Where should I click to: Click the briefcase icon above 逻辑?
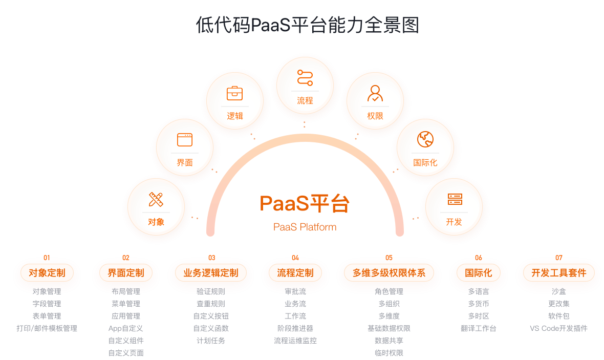[x=234, y=93]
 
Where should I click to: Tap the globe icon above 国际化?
[x=425, y=139]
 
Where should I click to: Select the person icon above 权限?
[x=375, y=93]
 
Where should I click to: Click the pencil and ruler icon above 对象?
[x=156, y=199]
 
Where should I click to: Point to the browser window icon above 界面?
[x=184, y=139]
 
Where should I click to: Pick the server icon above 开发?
[x=454, y=199]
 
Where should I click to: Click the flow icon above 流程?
[x=305, y=78]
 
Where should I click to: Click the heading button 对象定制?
[x=47, y=273]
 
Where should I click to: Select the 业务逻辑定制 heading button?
[x=211, y=273]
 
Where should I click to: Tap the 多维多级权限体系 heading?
[x=389, y=273]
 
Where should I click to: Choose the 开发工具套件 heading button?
[x=559, y=273]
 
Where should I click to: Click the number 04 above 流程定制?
[x=295, y=258]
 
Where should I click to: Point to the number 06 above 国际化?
[x=478, y=258]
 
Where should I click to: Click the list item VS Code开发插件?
[x=558, y=328]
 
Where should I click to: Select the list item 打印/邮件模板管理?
[x=47, y=328]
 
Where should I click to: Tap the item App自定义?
[x=125, y=328]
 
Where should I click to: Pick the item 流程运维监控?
[x=295, y=341]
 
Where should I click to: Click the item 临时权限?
[x=389, y=353]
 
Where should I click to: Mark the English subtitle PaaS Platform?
[x=305, y=227]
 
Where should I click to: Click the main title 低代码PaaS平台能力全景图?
[x=308, y=25]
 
